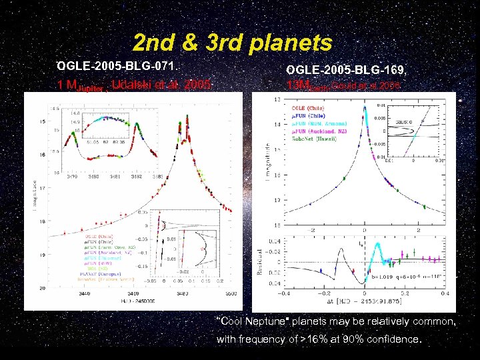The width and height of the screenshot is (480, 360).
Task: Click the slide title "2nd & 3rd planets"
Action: click(x=232, y=43)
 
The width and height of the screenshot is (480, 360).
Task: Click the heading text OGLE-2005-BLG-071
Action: click(x=117, y=65)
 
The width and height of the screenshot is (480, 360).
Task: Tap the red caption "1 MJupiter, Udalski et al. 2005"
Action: click(x=134, y=85)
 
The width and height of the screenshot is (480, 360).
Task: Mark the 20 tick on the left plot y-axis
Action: click(x=43, y=288)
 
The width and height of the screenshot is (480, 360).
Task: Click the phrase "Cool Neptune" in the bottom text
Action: click(x=256, y=321)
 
